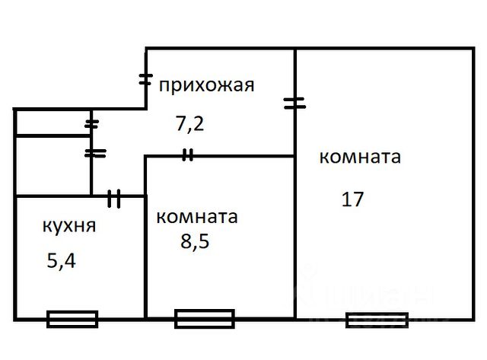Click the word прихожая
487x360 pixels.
(205, 84)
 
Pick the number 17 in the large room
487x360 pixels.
(353, 199)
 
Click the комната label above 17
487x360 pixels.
(359, 158)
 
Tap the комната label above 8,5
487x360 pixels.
(196, 216)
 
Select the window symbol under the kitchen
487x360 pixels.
(72, 319)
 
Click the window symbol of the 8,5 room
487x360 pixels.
(204, 318)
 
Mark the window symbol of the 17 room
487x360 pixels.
(377, 320)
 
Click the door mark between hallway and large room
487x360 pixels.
(295, 103)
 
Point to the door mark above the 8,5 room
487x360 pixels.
(187, 156)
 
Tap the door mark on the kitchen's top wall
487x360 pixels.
(114, 198)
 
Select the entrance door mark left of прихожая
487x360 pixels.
(146, 79)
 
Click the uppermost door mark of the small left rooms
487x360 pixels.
(92, 123)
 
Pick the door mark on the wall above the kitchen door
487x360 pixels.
(94, 153)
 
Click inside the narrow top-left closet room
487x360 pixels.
(52, 123)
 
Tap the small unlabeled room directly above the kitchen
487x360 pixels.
(52, 165)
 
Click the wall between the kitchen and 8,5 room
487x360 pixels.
(145, 259)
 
